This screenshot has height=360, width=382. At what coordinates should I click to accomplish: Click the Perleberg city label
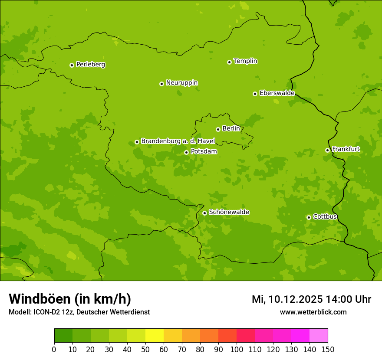click(x=90, y=65)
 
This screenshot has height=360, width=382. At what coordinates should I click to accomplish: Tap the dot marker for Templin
click(x=229, y=62)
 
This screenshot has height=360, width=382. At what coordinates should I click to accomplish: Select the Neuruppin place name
click(x=181, y=83)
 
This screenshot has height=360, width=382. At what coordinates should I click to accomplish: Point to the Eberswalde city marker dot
click(x=255, y=94)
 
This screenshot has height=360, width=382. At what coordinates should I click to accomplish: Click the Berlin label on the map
click(x=231, y=129)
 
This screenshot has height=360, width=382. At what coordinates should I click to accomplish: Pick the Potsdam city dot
click(x=186, y=152)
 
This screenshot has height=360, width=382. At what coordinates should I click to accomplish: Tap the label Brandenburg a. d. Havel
click(x=178, y=141)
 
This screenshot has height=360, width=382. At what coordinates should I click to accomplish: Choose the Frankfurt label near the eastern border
click(x=346, y=149)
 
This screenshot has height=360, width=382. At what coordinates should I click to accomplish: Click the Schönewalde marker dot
click(x=204, y=213)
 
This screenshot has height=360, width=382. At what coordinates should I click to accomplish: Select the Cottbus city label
click(x=325, y=216)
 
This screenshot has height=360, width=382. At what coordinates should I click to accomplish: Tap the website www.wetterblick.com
click(x=313, y=312)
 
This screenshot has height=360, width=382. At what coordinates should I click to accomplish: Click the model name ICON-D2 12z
click(x=54, y=312)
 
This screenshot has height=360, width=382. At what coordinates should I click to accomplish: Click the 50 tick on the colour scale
click(x=145, y=349)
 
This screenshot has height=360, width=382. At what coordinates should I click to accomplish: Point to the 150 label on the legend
click(x=328, y=349)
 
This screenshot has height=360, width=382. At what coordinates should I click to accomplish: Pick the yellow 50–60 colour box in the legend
click(x=155, y=336)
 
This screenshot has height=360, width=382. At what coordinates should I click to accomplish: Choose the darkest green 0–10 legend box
click(x=63, y=336)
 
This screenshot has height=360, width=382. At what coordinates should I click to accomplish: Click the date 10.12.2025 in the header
click(x=295, y=299)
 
